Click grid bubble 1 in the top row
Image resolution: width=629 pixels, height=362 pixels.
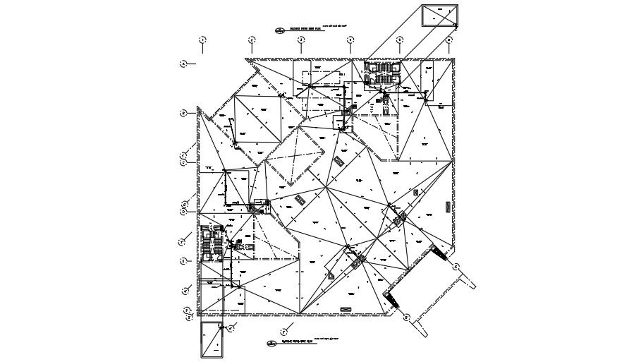point(202,40)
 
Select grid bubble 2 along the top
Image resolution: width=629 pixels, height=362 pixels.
point(252,40)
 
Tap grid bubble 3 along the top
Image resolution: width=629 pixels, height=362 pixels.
point(301,40)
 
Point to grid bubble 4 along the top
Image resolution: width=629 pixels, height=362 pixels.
point(350,40)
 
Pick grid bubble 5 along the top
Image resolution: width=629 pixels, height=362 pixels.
point(400,40)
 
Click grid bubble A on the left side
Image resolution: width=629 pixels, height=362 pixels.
point(183,64)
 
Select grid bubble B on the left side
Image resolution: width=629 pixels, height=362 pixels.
point(183,113)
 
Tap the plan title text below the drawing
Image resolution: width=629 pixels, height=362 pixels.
point(296,344)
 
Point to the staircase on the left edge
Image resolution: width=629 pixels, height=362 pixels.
point(212,243)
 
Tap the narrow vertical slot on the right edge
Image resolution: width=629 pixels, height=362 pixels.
point(448,205)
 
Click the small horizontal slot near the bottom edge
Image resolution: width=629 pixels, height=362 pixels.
point(346,309)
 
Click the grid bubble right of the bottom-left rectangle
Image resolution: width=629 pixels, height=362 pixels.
point(231,327)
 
